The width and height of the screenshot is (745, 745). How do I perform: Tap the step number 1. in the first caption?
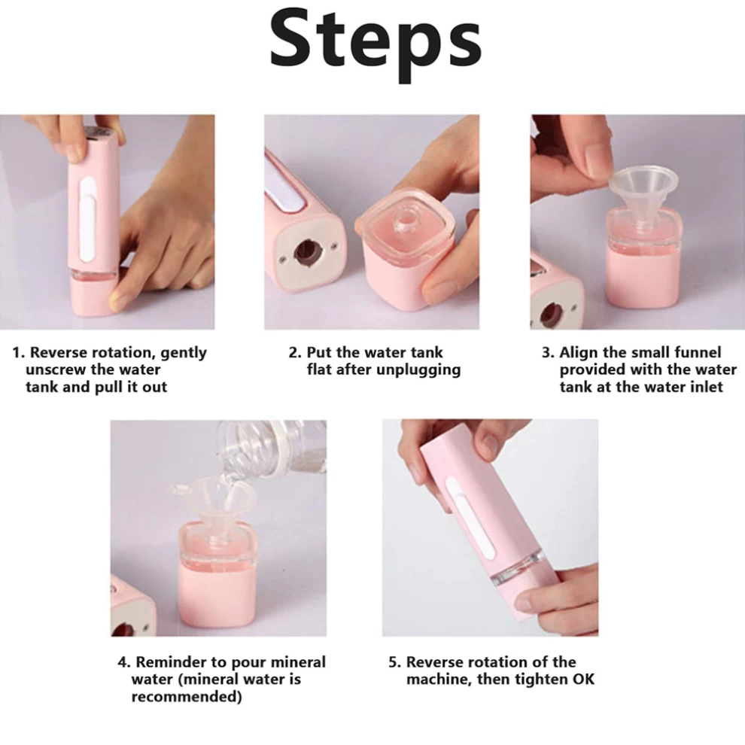pyautogui.click(x=19, y=353)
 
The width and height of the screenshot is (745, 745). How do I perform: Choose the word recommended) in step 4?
pyautogui.click(x=187, y=697)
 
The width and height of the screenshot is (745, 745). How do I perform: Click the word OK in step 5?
pyautogui.click(x=583, y=680)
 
